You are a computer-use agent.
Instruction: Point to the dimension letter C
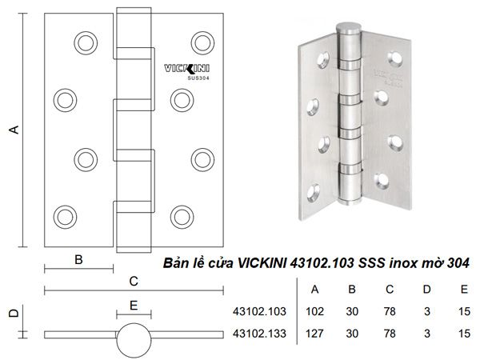point(134,281)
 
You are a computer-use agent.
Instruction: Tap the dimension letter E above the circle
point(133,305)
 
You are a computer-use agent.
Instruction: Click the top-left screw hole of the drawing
point(85,42)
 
